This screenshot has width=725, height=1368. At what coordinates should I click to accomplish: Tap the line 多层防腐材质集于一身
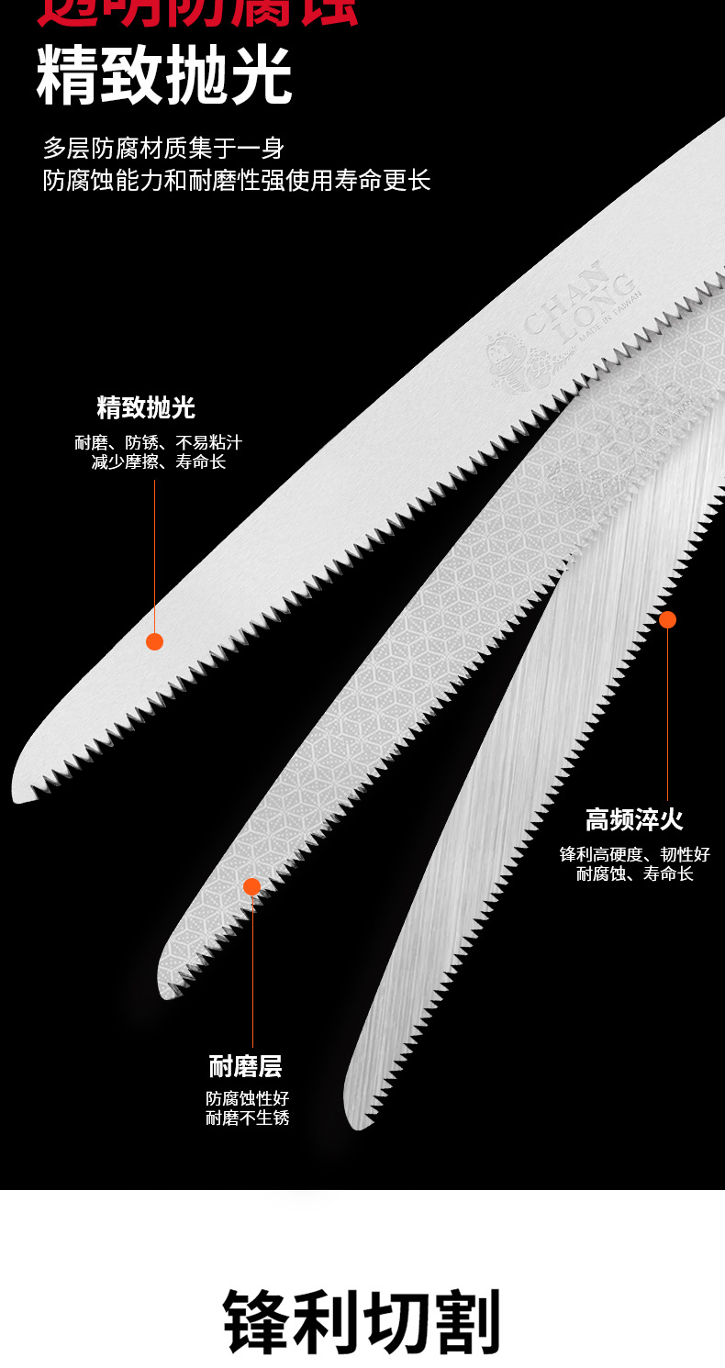(x=163, y=148)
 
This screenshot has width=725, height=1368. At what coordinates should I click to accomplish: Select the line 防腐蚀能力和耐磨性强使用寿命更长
(x=237, y=179)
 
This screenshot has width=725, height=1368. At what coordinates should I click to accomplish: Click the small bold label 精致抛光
(x=146, y=407)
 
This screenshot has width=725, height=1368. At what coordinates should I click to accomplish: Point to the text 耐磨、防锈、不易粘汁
(x=158, y=443)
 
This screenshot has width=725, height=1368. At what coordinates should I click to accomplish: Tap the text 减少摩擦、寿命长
(x=158, y=462)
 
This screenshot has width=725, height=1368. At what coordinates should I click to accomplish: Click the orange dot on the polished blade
(x=154, y=641)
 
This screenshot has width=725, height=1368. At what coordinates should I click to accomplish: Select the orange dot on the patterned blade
(x=251, y=886)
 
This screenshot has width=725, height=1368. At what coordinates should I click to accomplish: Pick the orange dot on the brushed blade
(x=667, y=620)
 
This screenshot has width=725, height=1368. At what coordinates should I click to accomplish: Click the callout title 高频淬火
(x=635, y=819)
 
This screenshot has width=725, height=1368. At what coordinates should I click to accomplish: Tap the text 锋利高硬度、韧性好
(x=635, y=854)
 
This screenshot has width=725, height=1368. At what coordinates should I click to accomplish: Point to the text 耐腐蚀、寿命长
(x=635, y=873)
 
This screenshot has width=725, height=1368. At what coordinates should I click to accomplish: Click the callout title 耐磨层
(x=245, y=1067)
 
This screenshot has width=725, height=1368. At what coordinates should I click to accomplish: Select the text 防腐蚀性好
(x=247, y=1098)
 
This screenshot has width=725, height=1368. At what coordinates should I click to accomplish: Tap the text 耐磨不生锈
(x=247, y=1118)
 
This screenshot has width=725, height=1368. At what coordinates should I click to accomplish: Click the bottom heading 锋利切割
(x=362, y=1322)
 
